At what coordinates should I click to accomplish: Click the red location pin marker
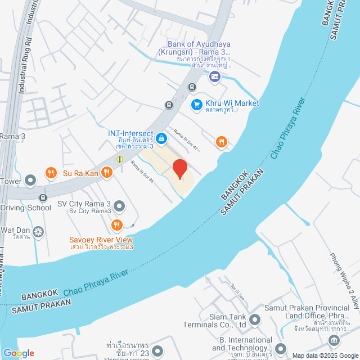(x=179, y=169)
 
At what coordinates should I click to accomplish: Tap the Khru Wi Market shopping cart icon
(x=196, y=104)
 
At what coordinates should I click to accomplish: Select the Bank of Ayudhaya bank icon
(x=214, y=76)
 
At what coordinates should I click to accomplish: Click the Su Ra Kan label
(x=80, y=173)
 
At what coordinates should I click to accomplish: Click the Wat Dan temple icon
(x=38, y=231)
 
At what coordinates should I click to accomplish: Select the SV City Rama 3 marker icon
(x=119, y=205)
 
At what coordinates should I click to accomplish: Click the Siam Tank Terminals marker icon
(x=255, y=321)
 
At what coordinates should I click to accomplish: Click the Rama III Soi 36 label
(x=142, y=173)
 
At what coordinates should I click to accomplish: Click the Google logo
(x=18, y=353)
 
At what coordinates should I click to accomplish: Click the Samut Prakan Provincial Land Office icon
(x=334, y=340)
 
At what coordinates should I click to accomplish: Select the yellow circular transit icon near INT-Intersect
(x=120, y=159)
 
